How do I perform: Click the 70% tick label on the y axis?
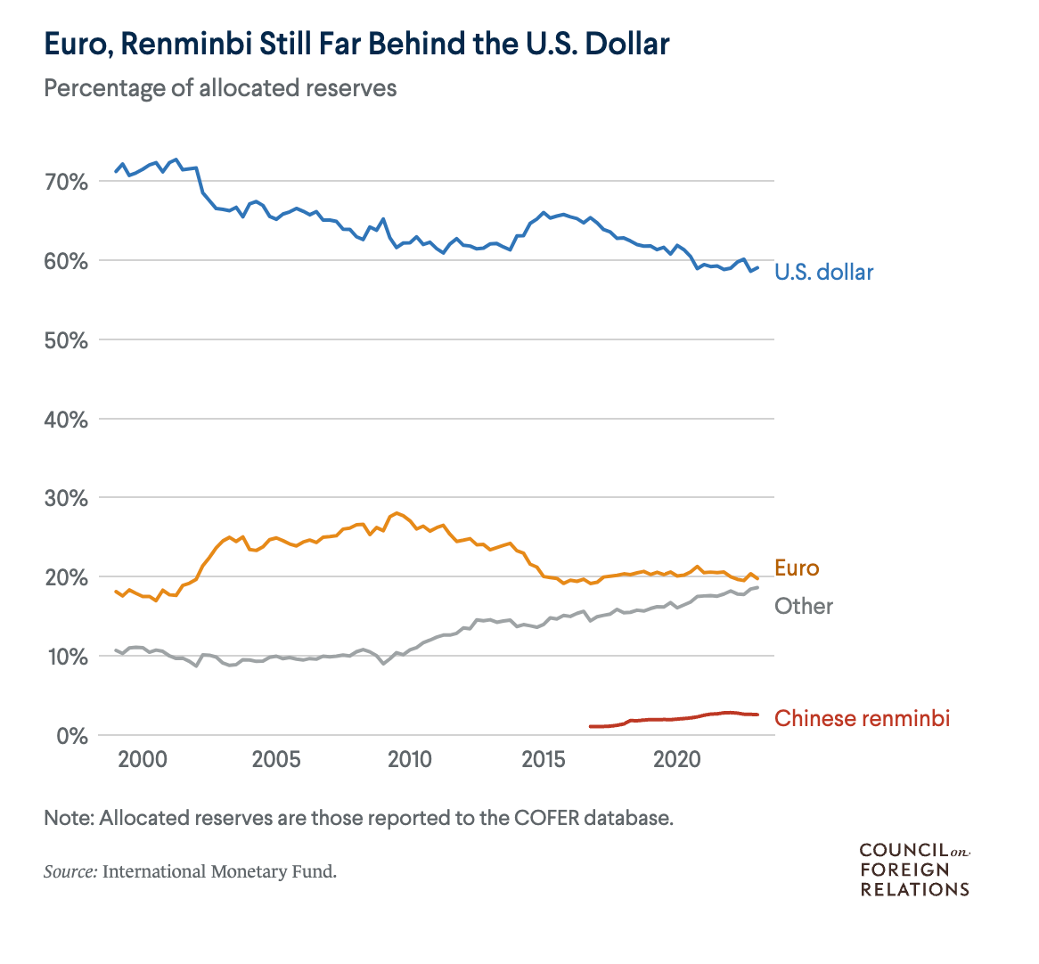[65, 183]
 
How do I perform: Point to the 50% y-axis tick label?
[65, 340]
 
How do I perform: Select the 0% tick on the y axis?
[70, 736]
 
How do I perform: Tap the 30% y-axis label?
[65, 499]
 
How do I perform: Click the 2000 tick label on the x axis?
[142, 760]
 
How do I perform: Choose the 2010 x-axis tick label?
[409, 760]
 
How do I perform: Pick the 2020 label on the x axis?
[676, 760]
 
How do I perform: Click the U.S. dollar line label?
[823, 272]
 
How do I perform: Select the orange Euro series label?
[796, 568]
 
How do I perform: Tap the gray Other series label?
[803, 607]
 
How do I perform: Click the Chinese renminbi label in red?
[862, 718]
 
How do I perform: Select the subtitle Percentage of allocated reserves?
[220, 88]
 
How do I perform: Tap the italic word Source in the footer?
[70, 871]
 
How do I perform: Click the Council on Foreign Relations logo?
[914, 870]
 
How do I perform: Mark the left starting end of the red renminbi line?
[590, 726]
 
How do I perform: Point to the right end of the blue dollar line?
[757, 266]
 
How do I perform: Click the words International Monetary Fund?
[219, 871]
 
